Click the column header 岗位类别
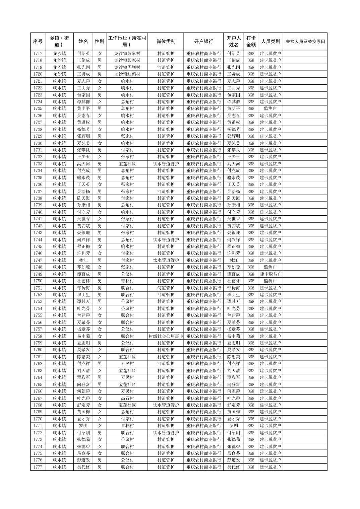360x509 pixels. [x=166, y=42]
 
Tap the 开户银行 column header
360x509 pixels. [x=203, y=42]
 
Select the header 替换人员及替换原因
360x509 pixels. [x=305, y=42]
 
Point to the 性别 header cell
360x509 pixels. [x=99, y=42]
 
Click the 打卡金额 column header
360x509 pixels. [x=251, y=42]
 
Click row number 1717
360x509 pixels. [x=38, y=54]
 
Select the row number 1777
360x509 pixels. [x=38, y=467]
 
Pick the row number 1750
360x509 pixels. [x=38, y=281]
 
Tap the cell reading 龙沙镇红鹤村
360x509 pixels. [x=127, y=74]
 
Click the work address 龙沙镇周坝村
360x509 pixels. [x=127, y=67]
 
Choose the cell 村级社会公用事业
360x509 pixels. [x=166, y=336]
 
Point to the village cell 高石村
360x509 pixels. [x=127, y=398]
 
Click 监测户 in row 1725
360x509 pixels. [x=270, y=108]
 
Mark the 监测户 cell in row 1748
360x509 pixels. [x=270, y=267]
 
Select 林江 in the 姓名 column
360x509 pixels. [x=83, y=260]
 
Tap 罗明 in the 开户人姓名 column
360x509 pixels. [x=234, y=426]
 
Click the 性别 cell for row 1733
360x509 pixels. [x=99, y=164]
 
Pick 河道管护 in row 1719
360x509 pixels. [x=166, y=67]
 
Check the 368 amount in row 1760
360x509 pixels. [x=251, y=350]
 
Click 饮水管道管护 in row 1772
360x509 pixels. [x=166, y=433]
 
